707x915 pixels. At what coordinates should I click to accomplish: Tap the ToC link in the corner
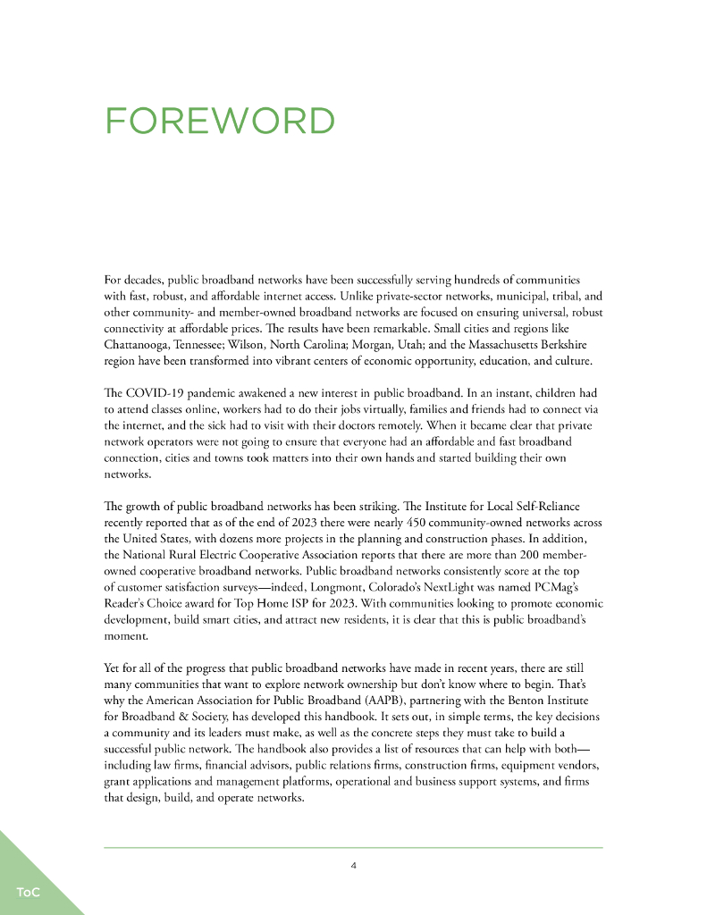[x=27, y=892]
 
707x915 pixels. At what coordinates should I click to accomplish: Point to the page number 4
[x=354, y=865]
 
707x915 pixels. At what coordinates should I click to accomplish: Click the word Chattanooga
[x=141, y=343]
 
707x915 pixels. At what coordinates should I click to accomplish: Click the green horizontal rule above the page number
[x=354, y=847]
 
